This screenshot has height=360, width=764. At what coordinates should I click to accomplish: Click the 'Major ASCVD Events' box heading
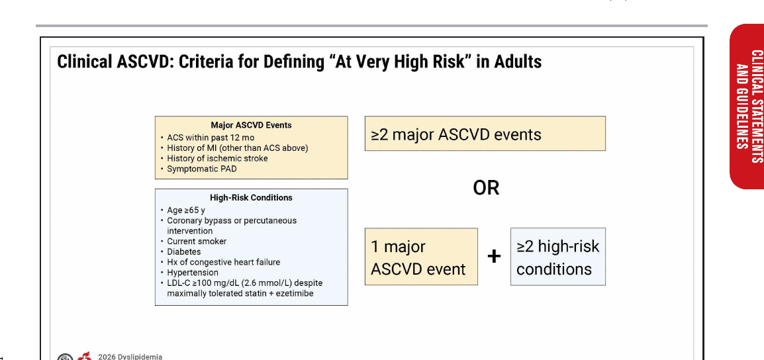251,125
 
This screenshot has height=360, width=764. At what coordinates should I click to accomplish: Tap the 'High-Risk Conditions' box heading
251,198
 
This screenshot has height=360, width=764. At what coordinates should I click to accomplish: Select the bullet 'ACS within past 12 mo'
211,138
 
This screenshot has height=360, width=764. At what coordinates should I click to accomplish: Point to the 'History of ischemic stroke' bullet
217,158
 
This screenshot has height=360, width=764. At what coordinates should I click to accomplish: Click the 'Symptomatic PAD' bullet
202,169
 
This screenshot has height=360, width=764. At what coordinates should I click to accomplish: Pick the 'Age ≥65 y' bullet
185,210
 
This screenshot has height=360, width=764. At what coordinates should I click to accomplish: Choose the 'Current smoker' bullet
197,241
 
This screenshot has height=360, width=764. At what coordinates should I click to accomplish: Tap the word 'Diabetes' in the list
183,252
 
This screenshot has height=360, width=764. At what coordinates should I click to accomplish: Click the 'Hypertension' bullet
193,272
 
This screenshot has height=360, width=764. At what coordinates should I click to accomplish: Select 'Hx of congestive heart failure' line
224,262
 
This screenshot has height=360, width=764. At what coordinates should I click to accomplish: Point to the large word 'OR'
486,188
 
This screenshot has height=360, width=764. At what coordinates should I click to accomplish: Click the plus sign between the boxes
494,255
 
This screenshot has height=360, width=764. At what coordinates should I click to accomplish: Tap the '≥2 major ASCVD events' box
485,134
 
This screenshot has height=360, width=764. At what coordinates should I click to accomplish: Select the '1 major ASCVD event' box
421,256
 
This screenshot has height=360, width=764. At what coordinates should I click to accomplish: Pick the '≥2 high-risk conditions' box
558,256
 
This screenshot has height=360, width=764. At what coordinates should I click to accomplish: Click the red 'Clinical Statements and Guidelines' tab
747,106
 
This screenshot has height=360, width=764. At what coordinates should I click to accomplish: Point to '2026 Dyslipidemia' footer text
130,357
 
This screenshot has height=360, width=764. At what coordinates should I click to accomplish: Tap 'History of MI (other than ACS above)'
237,148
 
